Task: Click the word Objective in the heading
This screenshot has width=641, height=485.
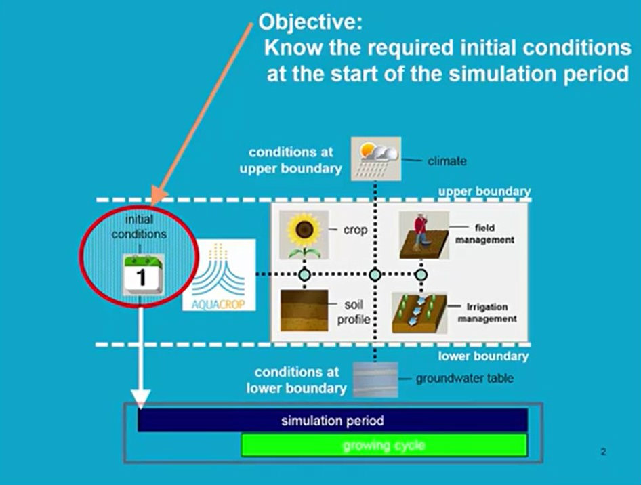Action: (x=311, y=22)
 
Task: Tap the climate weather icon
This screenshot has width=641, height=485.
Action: (x=376, y=159)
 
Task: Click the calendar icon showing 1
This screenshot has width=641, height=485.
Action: (x=142, y=275)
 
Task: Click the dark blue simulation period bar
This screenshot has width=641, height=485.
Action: (x=332, y=421)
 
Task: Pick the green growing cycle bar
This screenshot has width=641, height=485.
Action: (x=384, y=445)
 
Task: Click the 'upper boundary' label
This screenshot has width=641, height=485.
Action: (x=484, y=192)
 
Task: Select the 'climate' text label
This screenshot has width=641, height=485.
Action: (x=447, y=161)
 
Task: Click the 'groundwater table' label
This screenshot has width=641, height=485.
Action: (x=464, y=379)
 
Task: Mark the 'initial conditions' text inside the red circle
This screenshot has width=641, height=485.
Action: (x=140, y=227)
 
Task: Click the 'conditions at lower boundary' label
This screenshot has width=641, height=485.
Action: (x=297, y=380)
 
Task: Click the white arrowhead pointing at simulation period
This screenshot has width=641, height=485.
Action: (x=140, y=399)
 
